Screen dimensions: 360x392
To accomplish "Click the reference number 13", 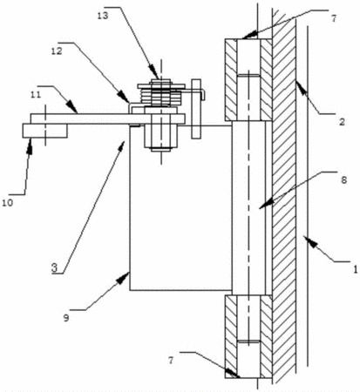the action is pos(103,16).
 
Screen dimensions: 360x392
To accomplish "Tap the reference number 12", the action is pos(57,51).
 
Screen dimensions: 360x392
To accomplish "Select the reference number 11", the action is pos(36,94).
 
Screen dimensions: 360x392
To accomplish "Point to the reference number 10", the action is pos(8,203).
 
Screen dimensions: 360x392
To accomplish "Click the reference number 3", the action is pos(54,267).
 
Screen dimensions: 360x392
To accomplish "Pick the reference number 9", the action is pos(66,318).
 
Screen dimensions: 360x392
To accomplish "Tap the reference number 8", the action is pos(343,180).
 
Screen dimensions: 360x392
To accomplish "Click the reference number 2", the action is pos(342,122).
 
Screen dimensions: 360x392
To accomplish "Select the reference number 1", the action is pos(355,269).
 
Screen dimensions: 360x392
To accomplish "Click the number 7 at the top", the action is pos(334,18).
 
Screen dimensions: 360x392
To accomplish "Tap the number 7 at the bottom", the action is pos(171,361).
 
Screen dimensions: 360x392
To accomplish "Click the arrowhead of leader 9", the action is pos(125,276).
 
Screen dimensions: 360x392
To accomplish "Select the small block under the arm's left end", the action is pos(45,131).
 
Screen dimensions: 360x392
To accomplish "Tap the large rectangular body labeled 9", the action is pos(180,207).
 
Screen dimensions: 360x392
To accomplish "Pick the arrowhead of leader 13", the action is pos(155,72).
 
